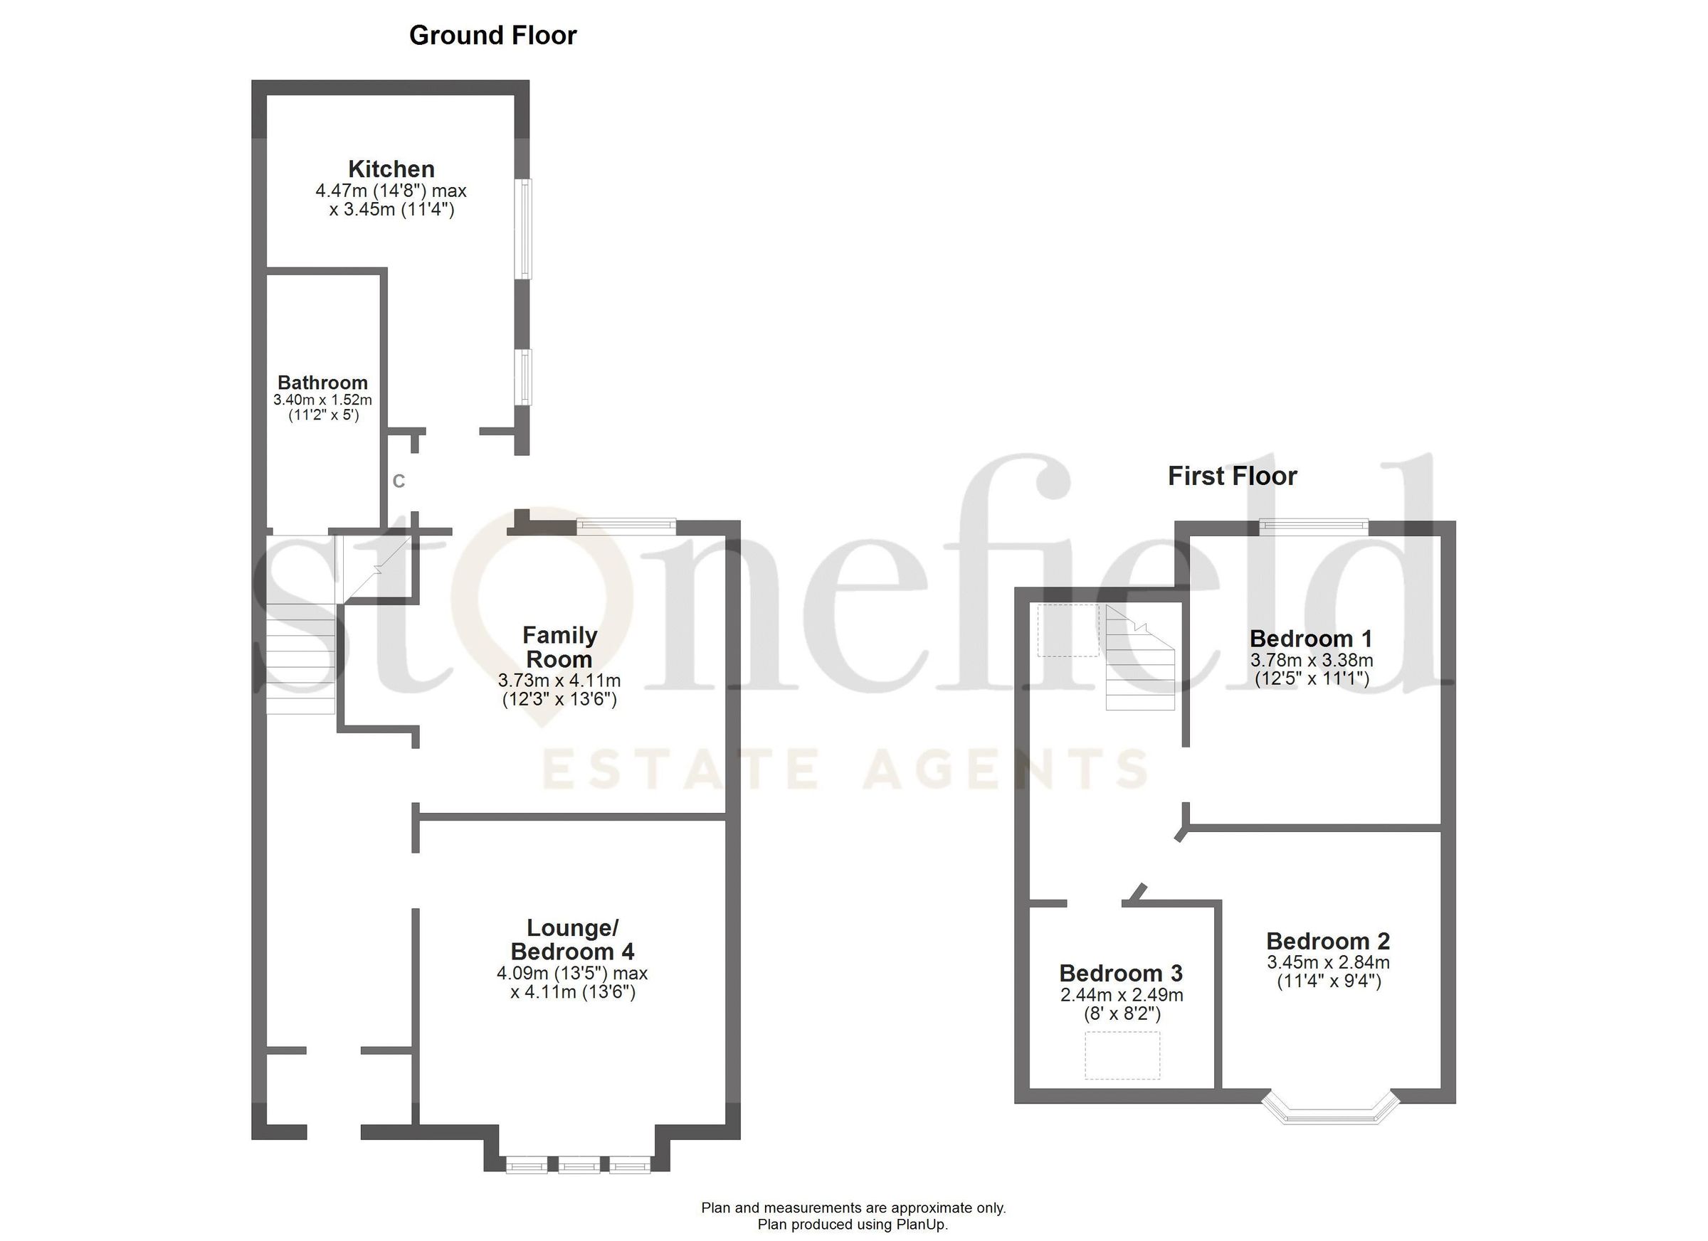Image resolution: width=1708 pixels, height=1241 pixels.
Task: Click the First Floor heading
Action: pyautogui.click(x=1232, y=476)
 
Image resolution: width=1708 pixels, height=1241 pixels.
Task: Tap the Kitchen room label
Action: pyautogui.click(x=391, y=169)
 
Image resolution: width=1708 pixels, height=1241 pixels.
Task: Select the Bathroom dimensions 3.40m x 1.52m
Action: pyautogui.click(x=322, y=400)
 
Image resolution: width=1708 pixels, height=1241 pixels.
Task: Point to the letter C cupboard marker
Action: pyautogui.click(x=399, y=481)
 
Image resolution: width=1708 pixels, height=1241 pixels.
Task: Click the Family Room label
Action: pyautogui.click(x=559, y=647)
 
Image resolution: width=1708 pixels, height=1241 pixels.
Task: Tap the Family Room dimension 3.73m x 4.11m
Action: pyautogui.click(x=559, y=681)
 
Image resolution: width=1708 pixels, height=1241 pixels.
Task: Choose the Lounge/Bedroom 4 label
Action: pyautogui.click(x=572, y=939)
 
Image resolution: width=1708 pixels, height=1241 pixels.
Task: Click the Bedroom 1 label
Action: pyautogui.click(x=1311, y=638)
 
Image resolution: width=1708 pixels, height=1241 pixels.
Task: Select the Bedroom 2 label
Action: pyautogui.click(x=1328, y=941)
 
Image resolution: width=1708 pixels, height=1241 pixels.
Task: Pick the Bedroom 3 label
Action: pyautogui.click(x=1121, y=973)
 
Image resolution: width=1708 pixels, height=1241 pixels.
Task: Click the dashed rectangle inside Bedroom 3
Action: pyautogui.click(x=1122, y=1055)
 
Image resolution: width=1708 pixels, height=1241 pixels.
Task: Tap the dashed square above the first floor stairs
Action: pyautogui.click(x=1068, y=630)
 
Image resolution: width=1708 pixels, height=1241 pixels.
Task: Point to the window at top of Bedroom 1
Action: pyautogui.click(x=1314, y=527)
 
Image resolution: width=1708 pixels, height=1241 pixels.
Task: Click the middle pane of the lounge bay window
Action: pyautogui.click(x=579, y=1166)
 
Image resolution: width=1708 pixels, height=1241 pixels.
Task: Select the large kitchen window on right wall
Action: pyautogui.click(x=522, y=229)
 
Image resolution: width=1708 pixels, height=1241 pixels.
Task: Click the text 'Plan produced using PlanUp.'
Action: pyautogui.click(x=853, y=1225)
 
